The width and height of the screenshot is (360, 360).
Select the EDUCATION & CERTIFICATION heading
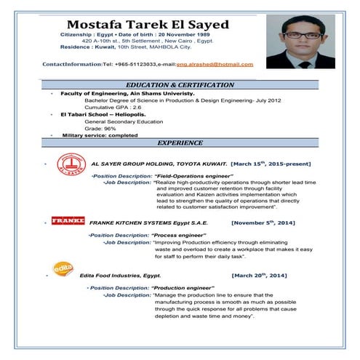tap(180, 85)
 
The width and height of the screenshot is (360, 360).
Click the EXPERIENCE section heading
tap(180, 143)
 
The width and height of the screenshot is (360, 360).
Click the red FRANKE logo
tap(68, 219)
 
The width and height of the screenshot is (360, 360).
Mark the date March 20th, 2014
tap(259, 276)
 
